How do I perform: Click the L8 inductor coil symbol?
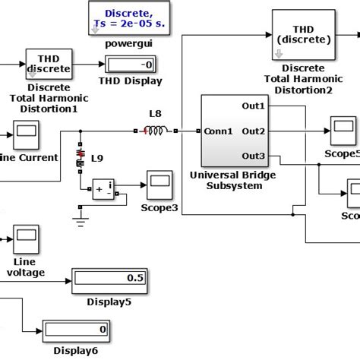pyautogui.click(x=155, y=131)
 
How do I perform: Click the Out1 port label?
pyautogui.click(x=253, y=106)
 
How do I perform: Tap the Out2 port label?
pyautogui.click(x=253, y=131)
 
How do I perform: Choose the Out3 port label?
pyautogui.click(x=253, y=156)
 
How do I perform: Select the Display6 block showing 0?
pyautogui.click(x=75, y=330)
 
